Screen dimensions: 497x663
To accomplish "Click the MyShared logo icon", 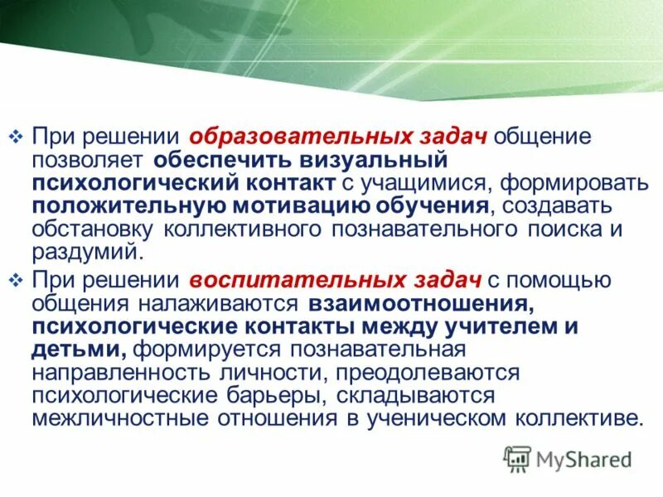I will coord(517,457).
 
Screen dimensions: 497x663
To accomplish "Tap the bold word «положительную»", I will coord(133,204).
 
